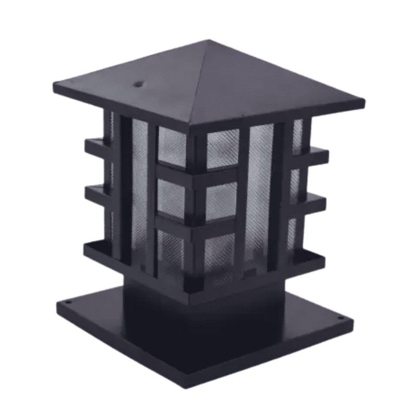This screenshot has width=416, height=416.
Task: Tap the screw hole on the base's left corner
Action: tap(68, 302)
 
